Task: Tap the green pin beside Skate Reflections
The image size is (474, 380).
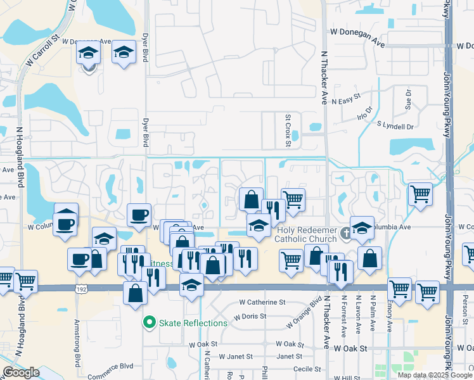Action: (150, 323)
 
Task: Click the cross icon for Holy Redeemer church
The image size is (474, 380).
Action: (345, 232)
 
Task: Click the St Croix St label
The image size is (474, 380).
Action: (288, 130)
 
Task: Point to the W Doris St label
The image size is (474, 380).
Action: (250, 317)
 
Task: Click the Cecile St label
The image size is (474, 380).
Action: (307, 369)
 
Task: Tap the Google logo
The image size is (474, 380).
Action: (21, 372)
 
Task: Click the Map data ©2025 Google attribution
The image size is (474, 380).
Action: (434, 375)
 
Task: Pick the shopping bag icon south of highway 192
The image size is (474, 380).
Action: (136, 293)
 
